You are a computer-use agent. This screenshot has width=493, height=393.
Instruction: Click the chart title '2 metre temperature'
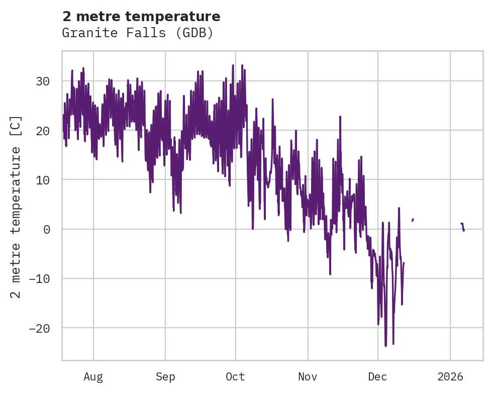click(141, 17)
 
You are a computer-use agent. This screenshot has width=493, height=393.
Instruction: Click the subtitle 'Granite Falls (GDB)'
click(138, 33)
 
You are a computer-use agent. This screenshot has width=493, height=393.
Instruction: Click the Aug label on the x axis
click(93, 377)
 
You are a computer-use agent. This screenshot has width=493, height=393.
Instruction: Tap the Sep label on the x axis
click(165, 377)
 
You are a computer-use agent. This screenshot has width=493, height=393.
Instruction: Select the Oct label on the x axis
click(235, 377)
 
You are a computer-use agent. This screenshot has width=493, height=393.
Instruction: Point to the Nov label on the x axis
click(308, 377)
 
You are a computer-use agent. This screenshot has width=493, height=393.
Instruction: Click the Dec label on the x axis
click(377, 377)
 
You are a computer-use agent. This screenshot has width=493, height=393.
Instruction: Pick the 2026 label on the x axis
click(450, 377)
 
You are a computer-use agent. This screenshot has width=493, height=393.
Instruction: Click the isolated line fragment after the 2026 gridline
click(462, 226)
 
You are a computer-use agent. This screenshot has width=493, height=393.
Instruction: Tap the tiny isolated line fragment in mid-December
click(413, 220)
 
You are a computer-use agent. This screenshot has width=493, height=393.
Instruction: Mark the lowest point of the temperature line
click(386, 346)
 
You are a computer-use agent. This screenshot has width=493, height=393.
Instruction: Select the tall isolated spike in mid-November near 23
click(340, 117)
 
